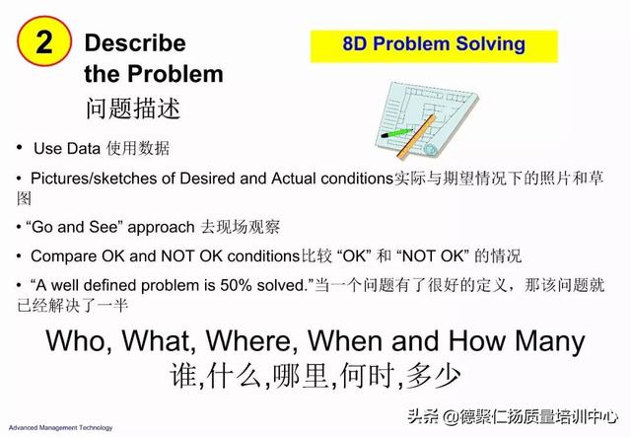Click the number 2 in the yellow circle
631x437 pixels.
tap(43, 41)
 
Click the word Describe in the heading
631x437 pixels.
tap(135, 42)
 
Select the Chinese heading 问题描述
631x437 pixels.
tap(133, 109)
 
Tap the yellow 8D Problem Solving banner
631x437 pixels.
tap(434, 46)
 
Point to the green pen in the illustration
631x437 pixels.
tap(396, 133)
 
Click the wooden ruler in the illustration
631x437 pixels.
tap(416, 136)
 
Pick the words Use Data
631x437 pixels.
tap(67, 149)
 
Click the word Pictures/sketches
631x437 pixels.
tap(94, 179)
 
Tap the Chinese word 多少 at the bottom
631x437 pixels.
tap(433, 376)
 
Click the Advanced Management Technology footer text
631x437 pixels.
tap(61, 428)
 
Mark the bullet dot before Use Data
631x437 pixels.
tap(20, 147)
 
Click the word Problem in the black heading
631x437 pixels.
tap(175, 74)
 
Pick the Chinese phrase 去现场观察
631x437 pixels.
tap(241, 227)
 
